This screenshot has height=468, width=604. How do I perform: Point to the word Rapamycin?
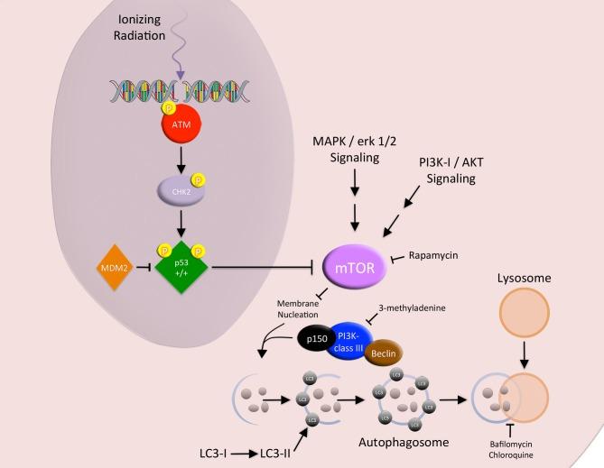click(x=433, y=255)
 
